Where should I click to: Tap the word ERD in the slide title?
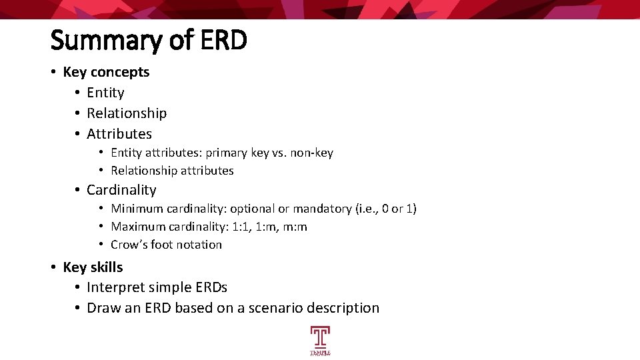click(222, 40)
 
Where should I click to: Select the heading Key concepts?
click(106, 72)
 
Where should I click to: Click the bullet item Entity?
click(105, 93)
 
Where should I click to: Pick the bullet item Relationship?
click(127, 113)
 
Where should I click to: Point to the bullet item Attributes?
click(119, 134)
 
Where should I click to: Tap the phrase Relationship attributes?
click(172, 171)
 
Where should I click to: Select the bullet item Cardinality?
click(121, 190)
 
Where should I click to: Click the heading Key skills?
click(93, 267)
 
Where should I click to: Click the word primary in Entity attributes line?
click(226, 153)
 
